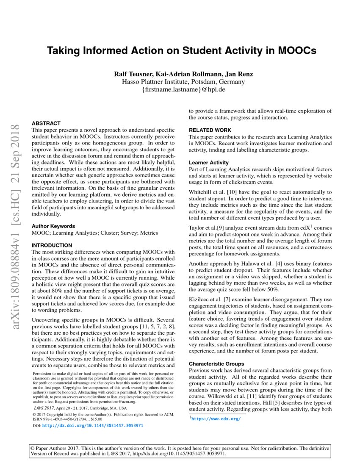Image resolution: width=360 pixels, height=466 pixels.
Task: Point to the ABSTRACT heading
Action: coord(46,123)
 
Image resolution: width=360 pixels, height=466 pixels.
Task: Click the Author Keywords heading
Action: coord(53,226)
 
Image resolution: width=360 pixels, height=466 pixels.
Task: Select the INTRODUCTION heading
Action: coord(52,245)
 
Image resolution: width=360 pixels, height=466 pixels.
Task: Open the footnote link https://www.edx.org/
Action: coord(216,419)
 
